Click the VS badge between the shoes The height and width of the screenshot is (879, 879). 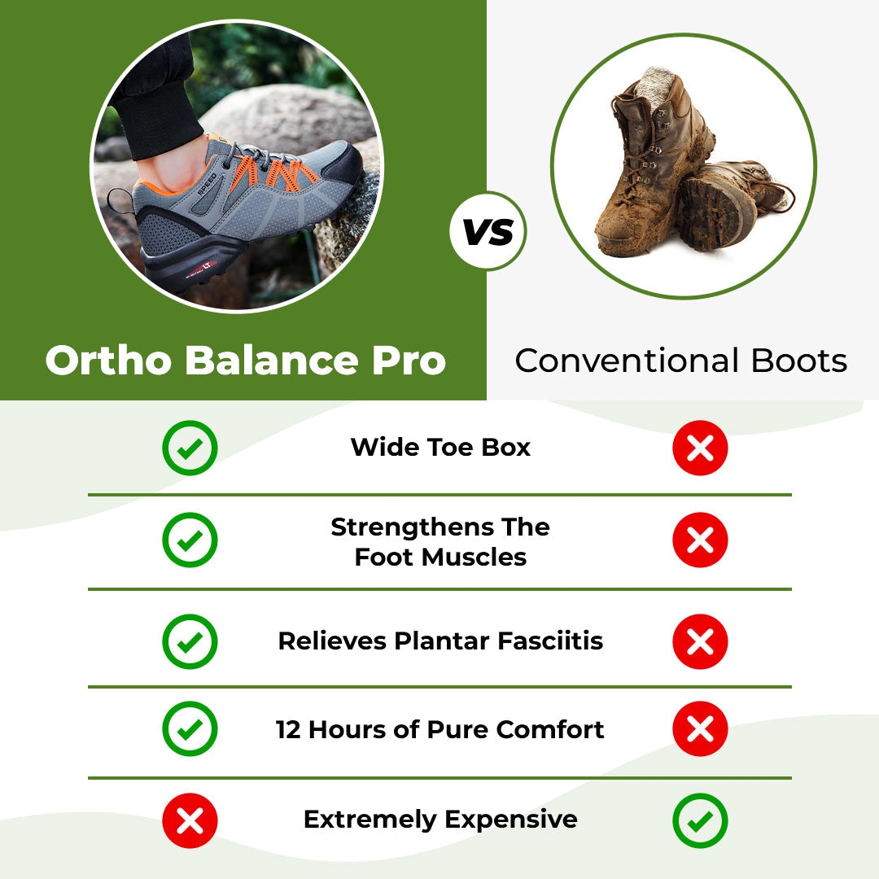pos(488,232)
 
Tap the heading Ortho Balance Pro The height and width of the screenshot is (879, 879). pos(245,361)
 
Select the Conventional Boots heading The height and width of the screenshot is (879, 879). pos(680,361)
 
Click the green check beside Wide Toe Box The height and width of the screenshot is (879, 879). pos(190,448)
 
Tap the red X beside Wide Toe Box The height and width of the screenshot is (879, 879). pos(700,448)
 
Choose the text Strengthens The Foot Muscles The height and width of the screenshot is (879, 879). pos(440,542)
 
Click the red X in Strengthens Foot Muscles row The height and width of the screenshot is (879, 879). pos(700,540)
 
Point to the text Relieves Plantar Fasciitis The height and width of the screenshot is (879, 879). pos(440,641)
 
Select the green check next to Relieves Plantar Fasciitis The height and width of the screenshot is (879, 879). pos(190,641)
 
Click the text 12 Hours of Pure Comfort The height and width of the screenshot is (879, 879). pos(440,729)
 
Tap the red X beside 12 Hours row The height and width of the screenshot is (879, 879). pos(700,729)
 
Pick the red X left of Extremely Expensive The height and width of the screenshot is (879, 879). pos(190,820)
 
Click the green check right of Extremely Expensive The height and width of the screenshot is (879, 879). pos(700,820)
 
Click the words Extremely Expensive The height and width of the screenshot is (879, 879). pos(440,820)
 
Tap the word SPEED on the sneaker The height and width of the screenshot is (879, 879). pos(208,183)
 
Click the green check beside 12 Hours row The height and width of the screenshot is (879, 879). pos(190,729)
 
